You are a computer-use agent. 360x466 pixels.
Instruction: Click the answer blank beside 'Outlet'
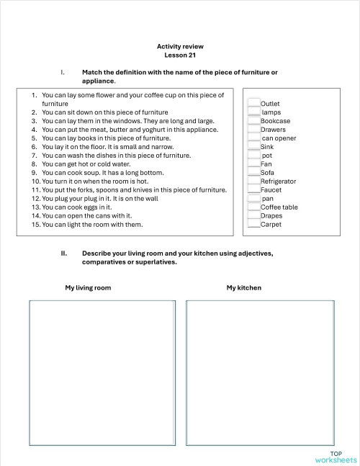(x=253, y=104)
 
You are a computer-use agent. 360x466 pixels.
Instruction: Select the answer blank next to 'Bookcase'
(x=253, y=121)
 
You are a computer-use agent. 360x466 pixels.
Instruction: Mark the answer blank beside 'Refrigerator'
(x=253, y=182)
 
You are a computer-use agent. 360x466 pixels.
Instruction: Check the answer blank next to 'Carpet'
(x=253, y=224)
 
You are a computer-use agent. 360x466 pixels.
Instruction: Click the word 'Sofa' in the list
(x=267, y=173)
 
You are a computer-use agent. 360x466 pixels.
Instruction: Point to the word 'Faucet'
(x=271, y=190)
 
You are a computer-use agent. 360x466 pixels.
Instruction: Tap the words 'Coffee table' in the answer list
(x=279, y=207)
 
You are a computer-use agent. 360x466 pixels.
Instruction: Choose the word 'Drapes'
(x=271, y=216)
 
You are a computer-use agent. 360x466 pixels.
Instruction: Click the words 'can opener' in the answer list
(x=279, y=138)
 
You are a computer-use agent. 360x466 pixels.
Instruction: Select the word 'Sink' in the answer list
(x=267, y=147)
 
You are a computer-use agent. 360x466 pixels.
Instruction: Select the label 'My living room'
(x=88, y=288)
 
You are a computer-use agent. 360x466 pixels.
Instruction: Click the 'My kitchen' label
(x=243, y=288)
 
